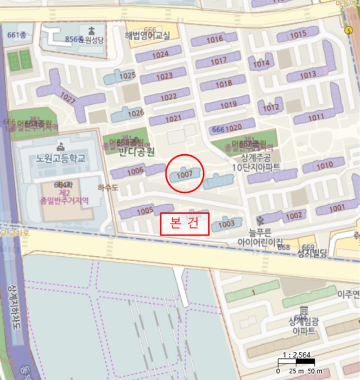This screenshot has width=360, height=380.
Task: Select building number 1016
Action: coord(215,39)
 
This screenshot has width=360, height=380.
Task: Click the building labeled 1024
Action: coord(160,55)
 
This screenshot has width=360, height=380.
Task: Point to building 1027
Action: coord(68,99)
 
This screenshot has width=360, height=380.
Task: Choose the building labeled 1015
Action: coord(298,35)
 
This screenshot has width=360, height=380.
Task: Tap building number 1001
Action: coord(337,207)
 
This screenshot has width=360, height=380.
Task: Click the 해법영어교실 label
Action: coord(147,36)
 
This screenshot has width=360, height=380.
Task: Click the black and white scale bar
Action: coord(296,362)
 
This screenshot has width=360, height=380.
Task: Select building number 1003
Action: coord(226,224)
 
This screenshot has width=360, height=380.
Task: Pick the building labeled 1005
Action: coord(145,211)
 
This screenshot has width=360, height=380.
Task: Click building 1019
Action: coord(228,104)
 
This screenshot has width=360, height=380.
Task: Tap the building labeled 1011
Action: coord(315,117)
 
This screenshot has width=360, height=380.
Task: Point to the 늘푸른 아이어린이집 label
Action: coord(260,236)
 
